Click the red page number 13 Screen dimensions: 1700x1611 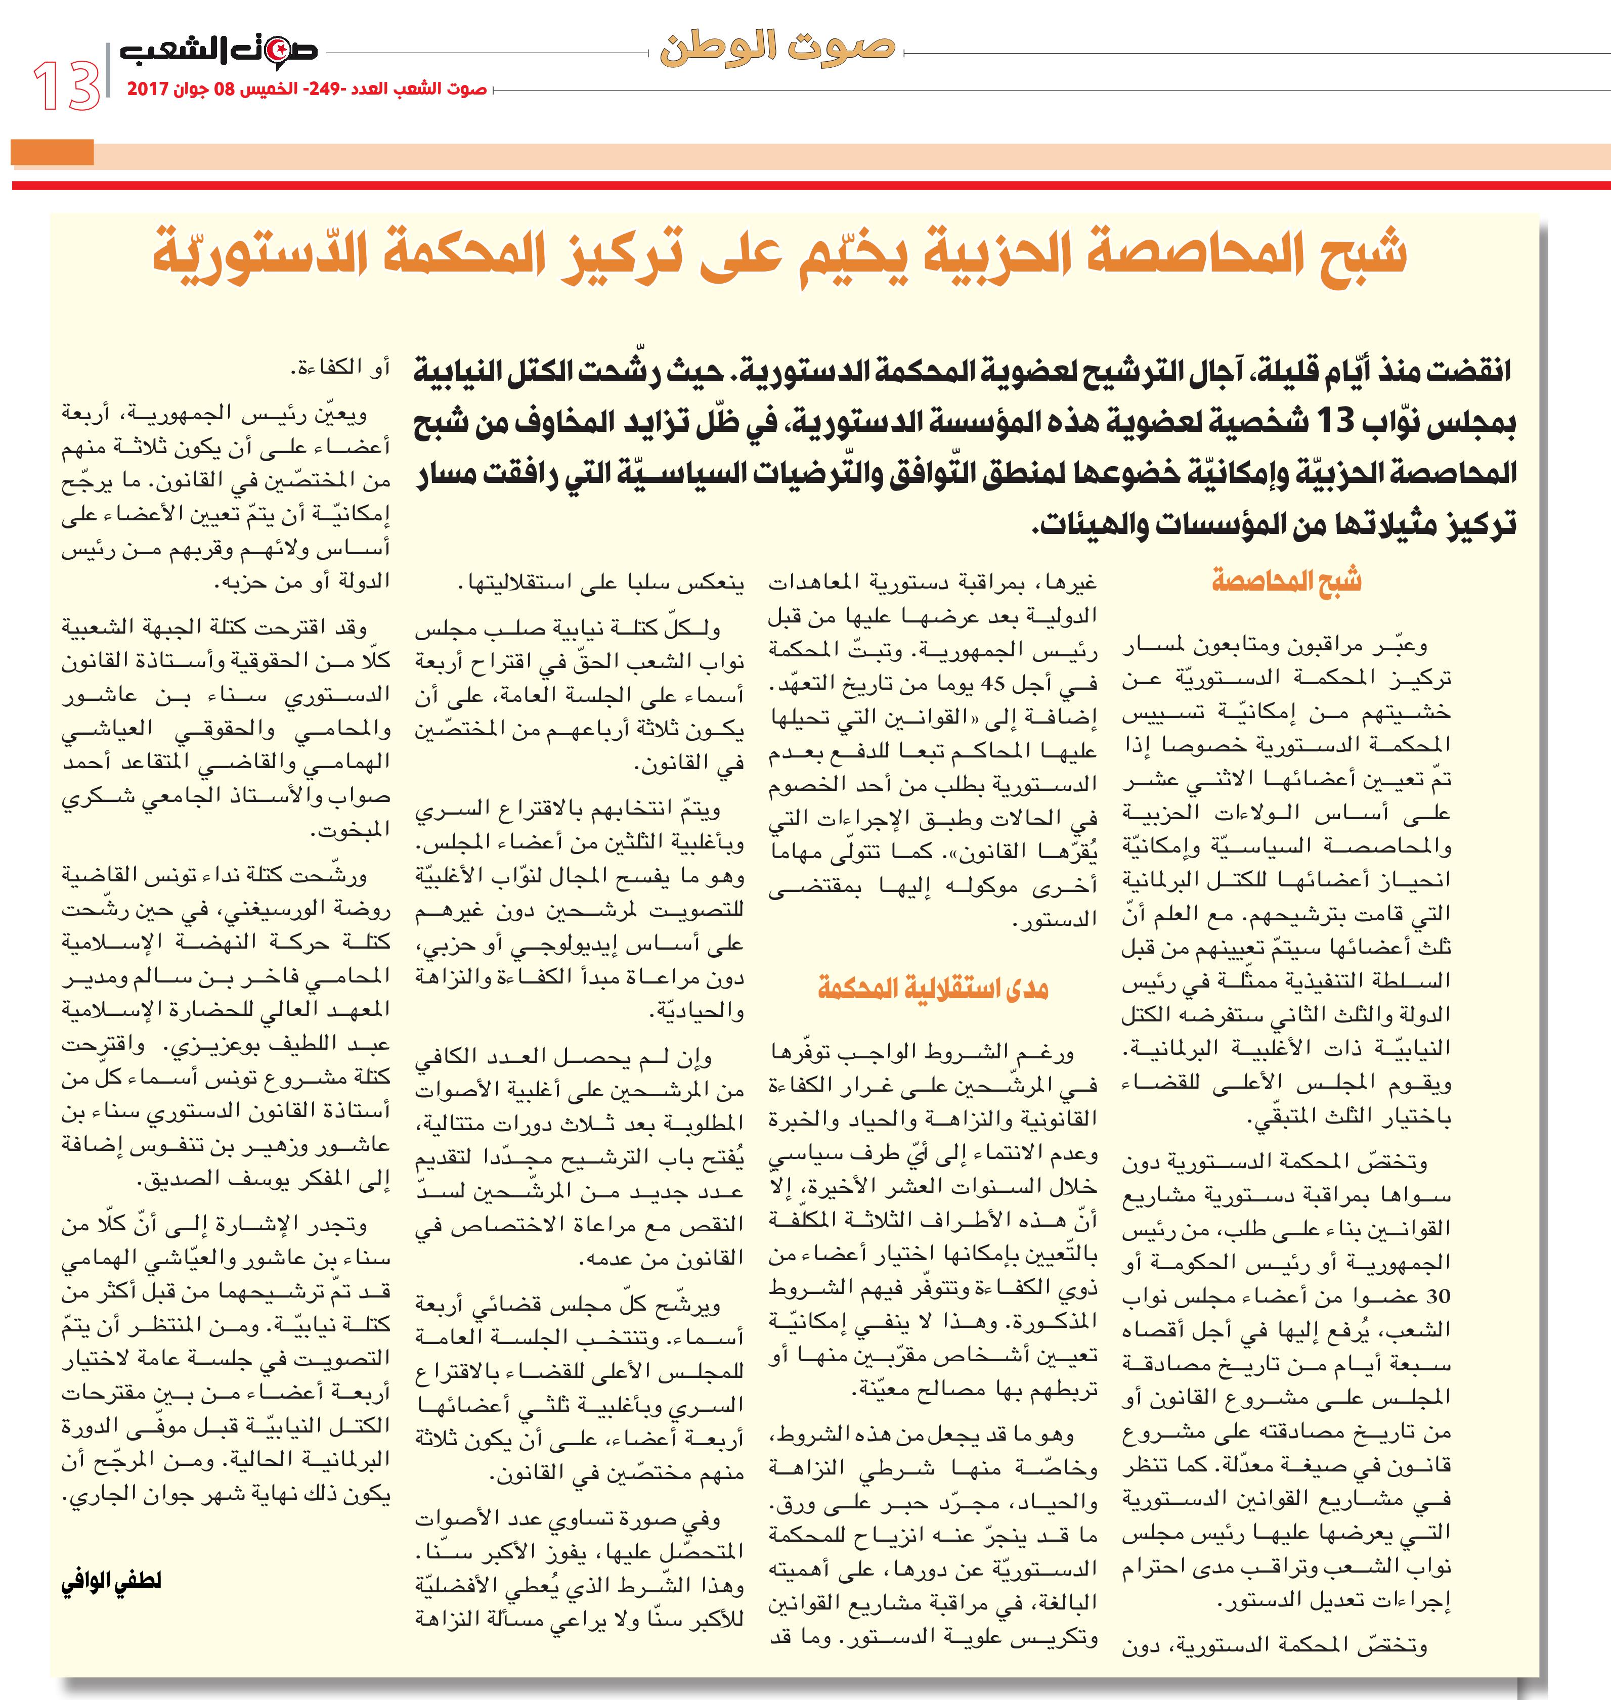pos(66,86)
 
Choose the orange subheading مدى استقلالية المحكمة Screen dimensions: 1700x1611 pos(933,988)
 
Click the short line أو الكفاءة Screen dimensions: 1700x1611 pos(340,368)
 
